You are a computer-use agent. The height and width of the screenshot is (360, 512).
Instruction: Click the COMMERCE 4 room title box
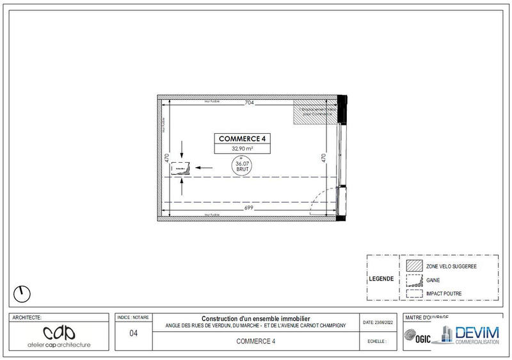tap(243, 138)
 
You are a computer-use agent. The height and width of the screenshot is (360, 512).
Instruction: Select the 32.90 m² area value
tap(243, 148)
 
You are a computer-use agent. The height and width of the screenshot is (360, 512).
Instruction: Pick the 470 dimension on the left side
tap(167, 158)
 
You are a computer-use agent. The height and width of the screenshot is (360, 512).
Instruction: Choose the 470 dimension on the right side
tap(323, 158)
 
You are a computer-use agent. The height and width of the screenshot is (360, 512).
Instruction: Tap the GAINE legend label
tap(434, 280)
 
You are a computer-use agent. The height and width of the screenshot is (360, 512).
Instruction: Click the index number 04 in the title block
tap(132, 332)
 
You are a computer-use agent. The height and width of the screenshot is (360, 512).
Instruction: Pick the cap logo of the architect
tap(59, 332)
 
